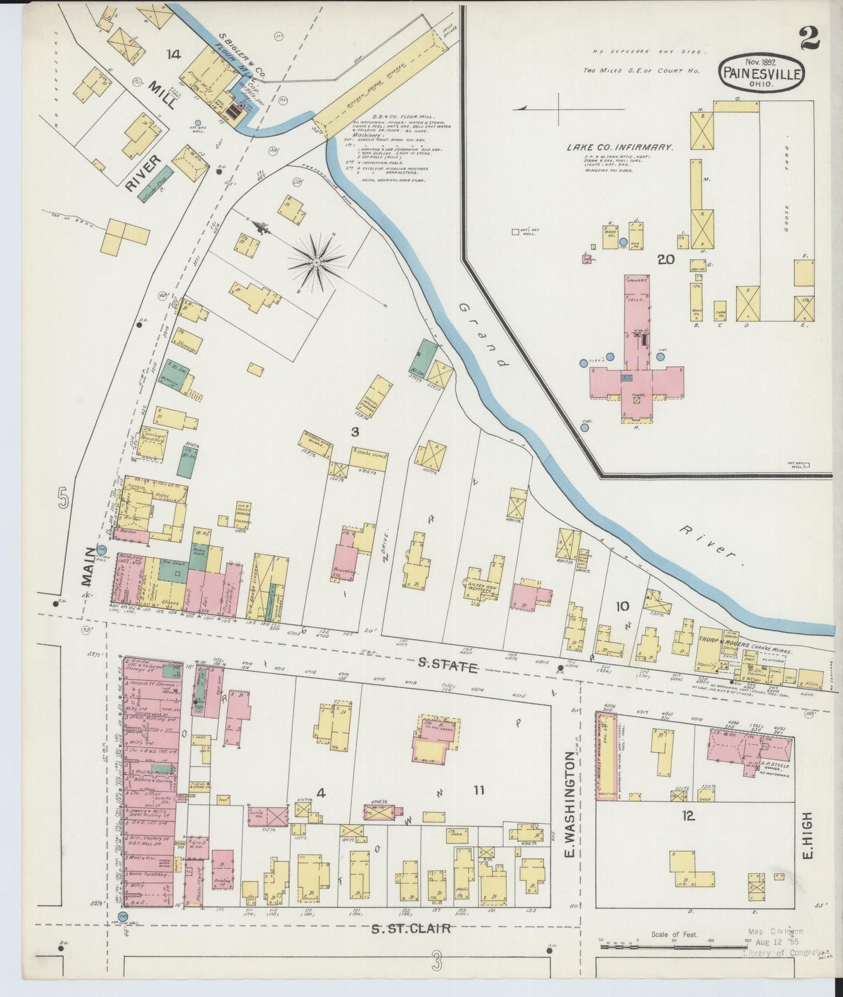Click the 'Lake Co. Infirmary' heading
pyautogui.click(x=620, y=148)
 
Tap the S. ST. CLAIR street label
pyautogui.click(x=411, y=928)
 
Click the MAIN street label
pyautogui.click(x=89, y=566)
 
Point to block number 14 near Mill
pyautogui.click(x=173, y=54)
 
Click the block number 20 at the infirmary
pyautogui.click(x=666, y=259)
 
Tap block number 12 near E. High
pyautogui.click(x=688, y=816)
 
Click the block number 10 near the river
pyautogui.click(x=622, y=606)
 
